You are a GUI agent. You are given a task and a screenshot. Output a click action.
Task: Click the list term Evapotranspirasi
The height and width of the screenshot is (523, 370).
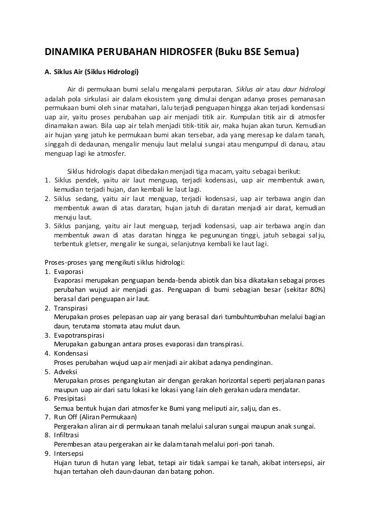point(78,334)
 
